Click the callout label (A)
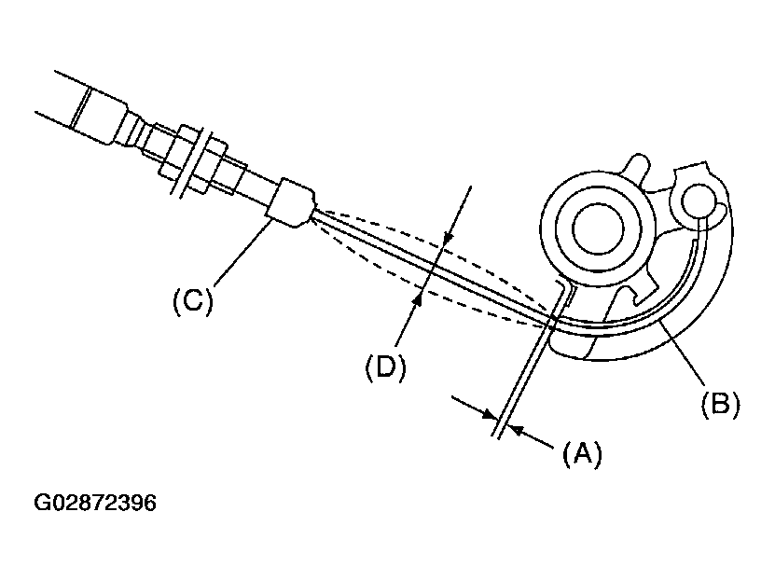coord(582,453)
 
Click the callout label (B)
coord(720,403)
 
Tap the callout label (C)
coord(193,300)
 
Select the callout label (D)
coord(385,367)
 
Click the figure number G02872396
coord(95,503)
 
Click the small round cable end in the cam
coord(699,201)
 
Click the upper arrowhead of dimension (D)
coord(448,238)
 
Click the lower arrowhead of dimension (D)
coord(418,297)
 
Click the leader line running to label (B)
coord(683,352)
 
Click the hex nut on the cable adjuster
coord(194,159)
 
